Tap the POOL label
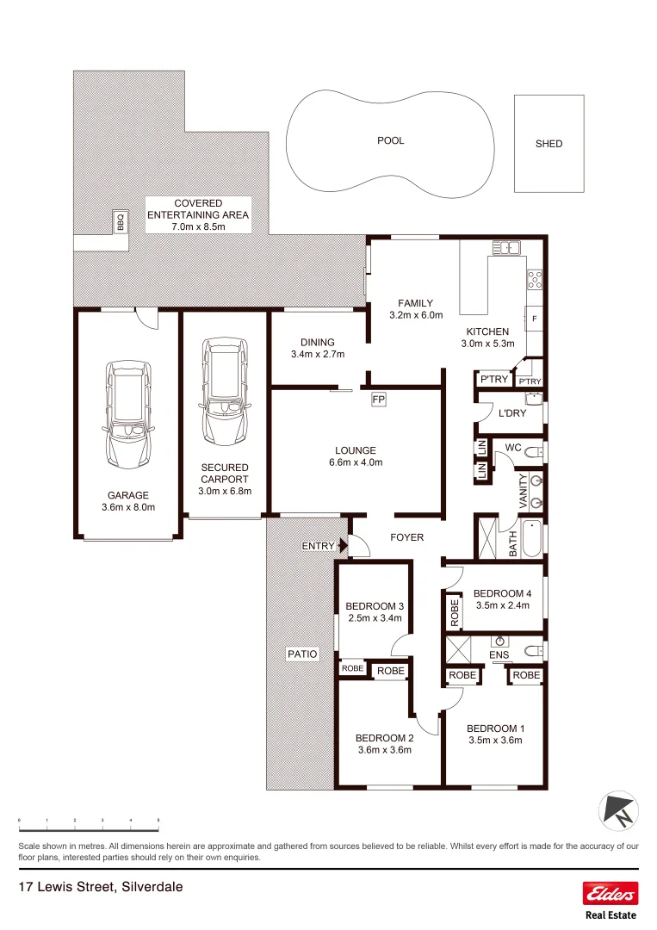390,140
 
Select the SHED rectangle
549,143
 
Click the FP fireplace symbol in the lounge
378,400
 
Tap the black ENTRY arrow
344,545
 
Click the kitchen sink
507,248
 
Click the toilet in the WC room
533,451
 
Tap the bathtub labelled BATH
531,539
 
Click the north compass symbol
619,809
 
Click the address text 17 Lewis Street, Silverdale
101,886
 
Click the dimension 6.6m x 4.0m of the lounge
356,462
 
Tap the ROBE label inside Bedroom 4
454,612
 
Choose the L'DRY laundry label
512,413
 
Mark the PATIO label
301,654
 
